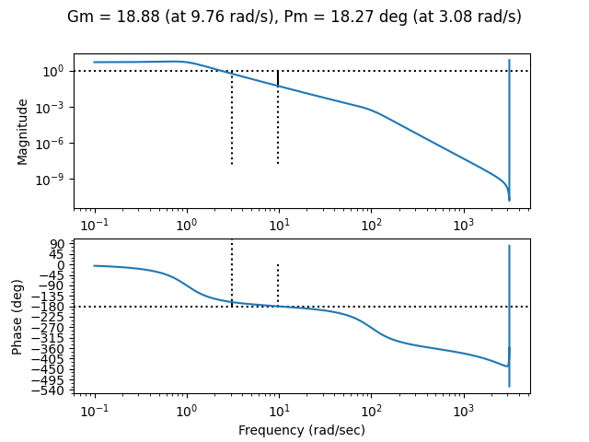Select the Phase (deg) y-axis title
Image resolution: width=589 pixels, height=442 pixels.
(x=17, y=318)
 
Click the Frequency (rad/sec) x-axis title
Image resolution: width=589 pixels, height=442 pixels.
(x=302, y=430)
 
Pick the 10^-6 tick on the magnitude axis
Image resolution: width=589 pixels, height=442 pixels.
(x=48, y=143)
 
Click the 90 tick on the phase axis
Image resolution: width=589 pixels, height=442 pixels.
(x=56, y=244)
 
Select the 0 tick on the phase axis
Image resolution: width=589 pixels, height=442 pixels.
(x=60, y=265)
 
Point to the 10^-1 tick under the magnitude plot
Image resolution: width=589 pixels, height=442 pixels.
(x=94, y=226)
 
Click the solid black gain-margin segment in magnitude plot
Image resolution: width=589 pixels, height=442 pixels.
(x=278, y=78)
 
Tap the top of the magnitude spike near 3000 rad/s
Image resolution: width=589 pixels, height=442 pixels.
(x=509, y=60)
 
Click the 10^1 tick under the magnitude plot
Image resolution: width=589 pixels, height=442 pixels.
(x=278, y=226)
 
